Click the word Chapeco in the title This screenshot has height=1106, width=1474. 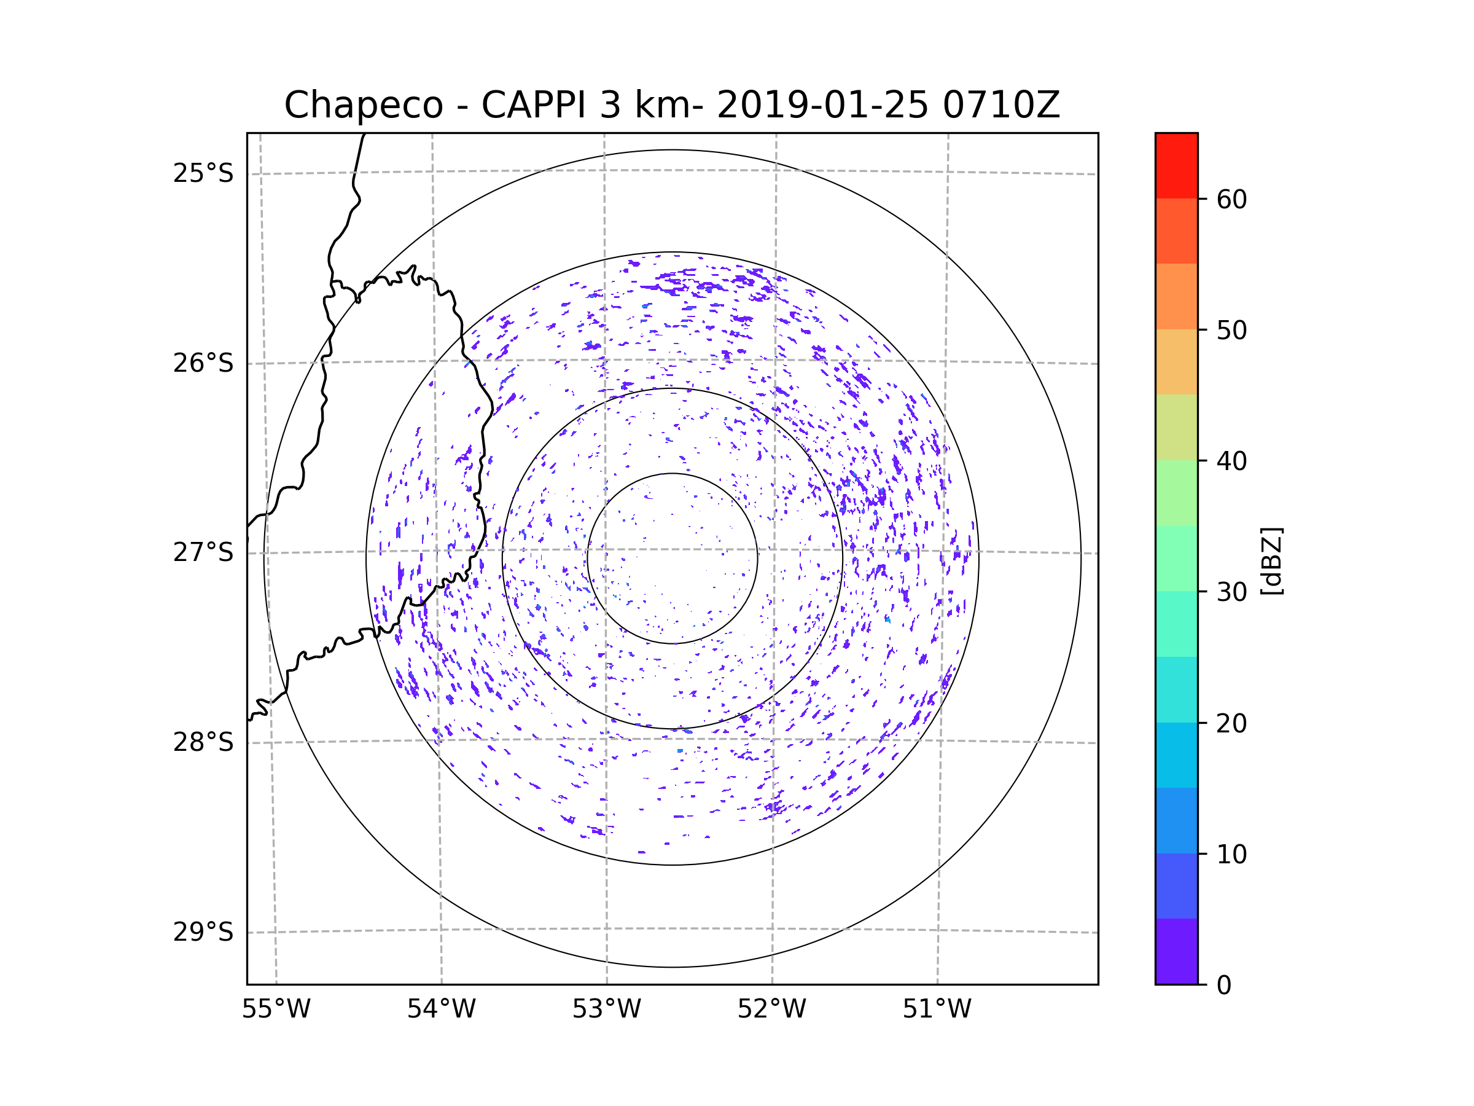tap(363, 105)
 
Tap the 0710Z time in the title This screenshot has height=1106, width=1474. tap(1001, 105)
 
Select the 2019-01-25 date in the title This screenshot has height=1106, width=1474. tap(822, 105)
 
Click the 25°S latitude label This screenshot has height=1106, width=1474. tap(203, 173)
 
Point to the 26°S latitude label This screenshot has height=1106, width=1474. tap(203, 363)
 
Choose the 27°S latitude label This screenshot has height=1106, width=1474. tap(203, 552)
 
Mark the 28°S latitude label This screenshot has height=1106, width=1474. tap(203, 742)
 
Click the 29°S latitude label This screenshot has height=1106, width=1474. tap(203, 932)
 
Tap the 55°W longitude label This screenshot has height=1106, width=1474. tap(276, 1010)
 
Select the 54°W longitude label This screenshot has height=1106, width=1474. tap(441, 1010)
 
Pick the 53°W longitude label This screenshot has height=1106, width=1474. tap(606, 1010)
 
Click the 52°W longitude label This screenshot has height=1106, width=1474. tap(771, 1010)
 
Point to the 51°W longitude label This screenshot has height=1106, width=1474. tap(937, 1010)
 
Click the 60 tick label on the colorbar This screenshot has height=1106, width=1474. tap(1231, 199)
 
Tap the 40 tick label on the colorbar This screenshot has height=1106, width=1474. tap(1231, 461)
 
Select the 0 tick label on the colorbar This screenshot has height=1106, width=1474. tap(1224, 986)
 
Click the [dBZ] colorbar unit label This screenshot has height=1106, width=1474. tap(1271, 560)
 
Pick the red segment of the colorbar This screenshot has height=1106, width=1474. tap(1176, 165)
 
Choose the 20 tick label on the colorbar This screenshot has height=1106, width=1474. tap(1231, 723)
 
